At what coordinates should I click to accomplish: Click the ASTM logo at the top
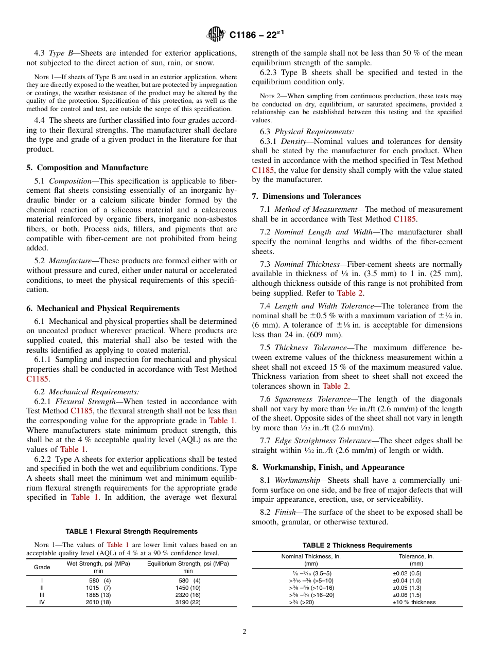[216, 34]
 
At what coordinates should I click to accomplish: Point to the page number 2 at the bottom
[244, 632]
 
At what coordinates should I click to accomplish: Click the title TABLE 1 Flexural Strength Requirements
[131, 532]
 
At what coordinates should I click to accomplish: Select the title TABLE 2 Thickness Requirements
[357, 546]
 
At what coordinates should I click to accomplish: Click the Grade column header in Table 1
[42, 567]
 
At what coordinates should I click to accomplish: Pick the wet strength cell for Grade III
[98, 595]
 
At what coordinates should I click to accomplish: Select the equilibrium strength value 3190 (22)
[188, 602]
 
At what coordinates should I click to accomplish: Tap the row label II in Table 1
[42, 588]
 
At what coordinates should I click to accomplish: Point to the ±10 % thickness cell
[414, 602]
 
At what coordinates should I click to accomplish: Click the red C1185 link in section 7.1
[404, 219]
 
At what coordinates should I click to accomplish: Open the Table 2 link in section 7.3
[350, 293]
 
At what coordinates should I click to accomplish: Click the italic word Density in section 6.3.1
[294, 141]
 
